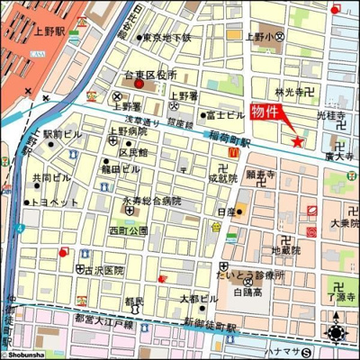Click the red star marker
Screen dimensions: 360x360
click(298, 140)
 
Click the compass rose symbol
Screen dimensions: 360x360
click(337, 333)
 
